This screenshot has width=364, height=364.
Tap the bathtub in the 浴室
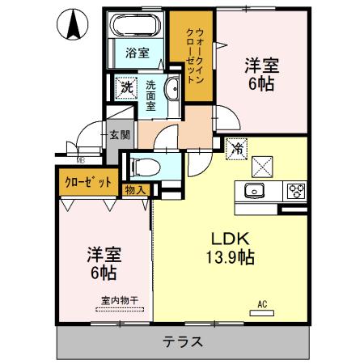(x=136, y=25)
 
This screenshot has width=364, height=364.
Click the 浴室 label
(x=137, y=53)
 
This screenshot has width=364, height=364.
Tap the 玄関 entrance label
(x=119, y=135)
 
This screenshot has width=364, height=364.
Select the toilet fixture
(x=146, y=167)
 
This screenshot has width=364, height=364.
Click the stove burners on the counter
(x=296, y=191)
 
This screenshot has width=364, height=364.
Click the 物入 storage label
(x=135, y=190)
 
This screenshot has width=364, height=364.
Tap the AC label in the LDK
(x=261, y=305)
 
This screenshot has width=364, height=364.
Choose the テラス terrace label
(x=182, y=341)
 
